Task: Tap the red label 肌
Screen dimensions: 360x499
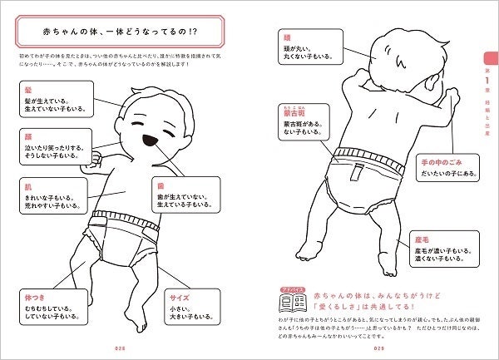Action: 29,187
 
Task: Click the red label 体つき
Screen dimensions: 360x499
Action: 36,295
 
